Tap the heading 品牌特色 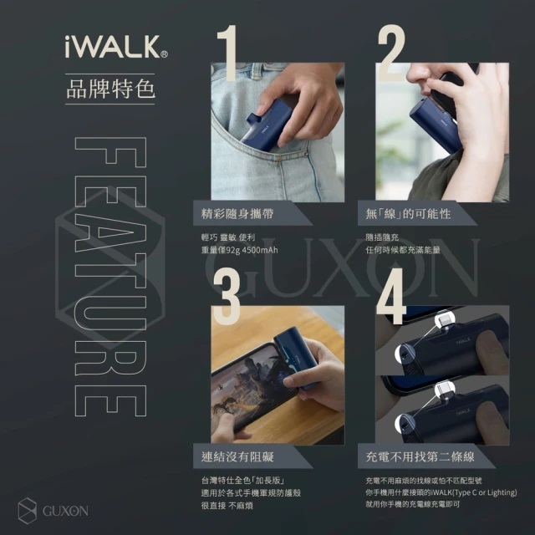click(110, 87)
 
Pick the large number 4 click(392, 288)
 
